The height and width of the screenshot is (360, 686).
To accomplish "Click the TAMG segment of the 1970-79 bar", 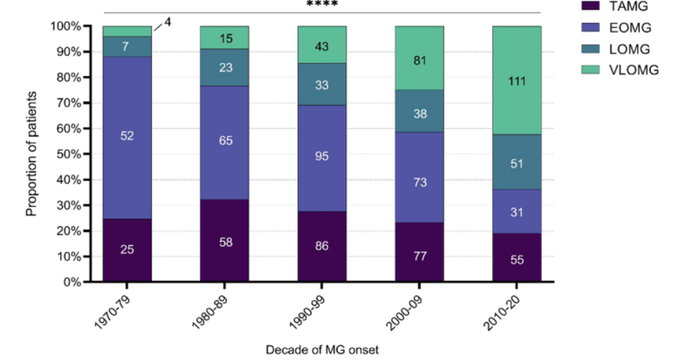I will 127,250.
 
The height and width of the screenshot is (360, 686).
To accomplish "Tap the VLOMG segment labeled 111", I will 517,81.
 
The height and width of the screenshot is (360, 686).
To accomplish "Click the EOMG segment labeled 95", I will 322,155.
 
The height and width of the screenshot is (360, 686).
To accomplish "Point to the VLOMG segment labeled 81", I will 419,61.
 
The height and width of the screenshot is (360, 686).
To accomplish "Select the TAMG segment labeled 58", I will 224,241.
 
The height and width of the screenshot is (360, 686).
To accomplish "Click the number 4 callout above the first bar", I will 167,23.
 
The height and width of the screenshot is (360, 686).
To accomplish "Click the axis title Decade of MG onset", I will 321,348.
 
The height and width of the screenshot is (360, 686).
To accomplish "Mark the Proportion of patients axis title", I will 31,154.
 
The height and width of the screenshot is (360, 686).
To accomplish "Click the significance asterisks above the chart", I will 322,4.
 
